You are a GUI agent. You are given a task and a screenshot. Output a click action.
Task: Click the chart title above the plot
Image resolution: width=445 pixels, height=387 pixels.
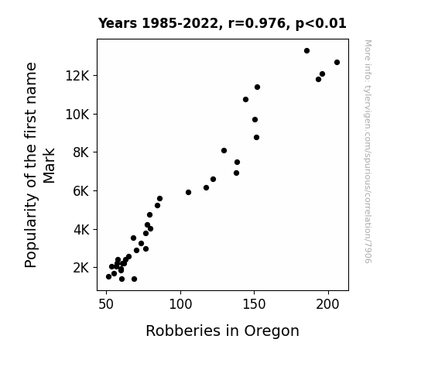pos(222,23)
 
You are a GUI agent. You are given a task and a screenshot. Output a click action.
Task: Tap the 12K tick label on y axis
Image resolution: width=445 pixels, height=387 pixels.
pos(77,76)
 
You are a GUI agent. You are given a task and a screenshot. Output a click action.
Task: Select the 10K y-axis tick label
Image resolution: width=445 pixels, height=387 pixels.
pos(77,115)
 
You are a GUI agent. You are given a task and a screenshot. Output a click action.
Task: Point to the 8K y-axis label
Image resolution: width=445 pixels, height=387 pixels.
pos(81,152)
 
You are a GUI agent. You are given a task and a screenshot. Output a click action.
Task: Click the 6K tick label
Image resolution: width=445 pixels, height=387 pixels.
pos(81,191)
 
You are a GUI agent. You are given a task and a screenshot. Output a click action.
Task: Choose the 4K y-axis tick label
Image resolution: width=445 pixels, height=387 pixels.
pos(81,229)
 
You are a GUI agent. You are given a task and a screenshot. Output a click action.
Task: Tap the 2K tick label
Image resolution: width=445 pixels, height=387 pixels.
pos(81,268)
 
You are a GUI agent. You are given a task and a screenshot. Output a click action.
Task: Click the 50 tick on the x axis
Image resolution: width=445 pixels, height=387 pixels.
pos(106,304)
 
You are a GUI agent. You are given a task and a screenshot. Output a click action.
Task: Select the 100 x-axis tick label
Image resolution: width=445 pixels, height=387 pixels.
pos(180,304)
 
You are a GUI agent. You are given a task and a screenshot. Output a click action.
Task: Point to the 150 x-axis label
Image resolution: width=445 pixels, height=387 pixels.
pos(255,304)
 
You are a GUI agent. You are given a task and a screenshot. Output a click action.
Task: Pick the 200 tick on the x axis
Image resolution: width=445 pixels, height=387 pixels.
pos(328,304)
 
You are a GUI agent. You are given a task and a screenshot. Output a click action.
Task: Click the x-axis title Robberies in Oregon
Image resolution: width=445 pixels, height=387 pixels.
pos(223,331)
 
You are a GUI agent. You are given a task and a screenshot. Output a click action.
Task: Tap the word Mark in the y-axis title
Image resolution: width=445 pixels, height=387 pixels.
pos(49,166)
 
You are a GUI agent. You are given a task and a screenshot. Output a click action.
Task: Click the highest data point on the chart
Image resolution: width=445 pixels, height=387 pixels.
pos(306,51)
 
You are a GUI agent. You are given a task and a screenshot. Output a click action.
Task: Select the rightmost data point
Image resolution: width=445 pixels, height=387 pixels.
pos(337,63)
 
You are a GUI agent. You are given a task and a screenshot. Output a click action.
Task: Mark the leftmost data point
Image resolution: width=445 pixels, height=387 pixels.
pos(108,277)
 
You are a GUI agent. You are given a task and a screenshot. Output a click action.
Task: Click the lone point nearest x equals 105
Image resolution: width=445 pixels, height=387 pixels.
pos(188,193)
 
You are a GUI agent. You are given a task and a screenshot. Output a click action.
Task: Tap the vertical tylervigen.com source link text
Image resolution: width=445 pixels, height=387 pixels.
pos(368,152)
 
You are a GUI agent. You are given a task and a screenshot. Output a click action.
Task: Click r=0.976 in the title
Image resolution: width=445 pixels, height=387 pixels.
pos(257,23)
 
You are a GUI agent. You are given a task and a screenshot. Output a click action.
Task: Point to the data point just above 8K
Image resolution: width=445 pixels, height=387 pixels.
pos(224,151)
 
